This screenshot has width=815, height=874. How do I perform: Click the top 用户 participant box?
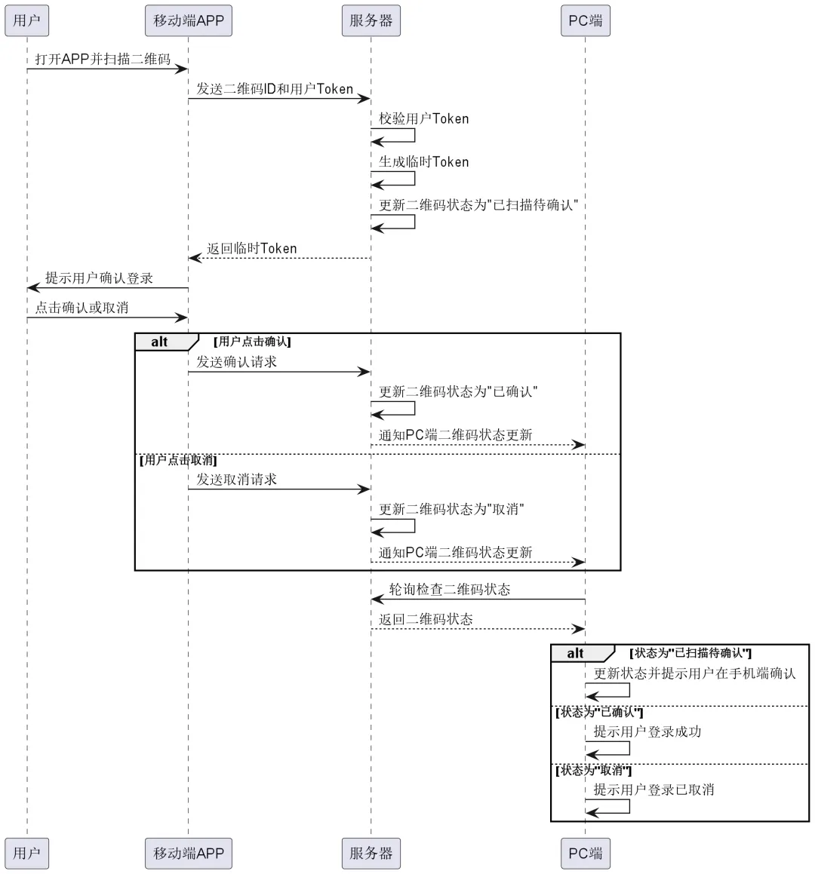tap(26, 20)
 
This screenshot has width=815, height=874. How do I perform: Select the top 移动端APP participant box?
tap(189, 20)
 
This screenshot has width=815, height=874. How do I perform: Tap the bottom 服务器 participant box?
tap(371, 853)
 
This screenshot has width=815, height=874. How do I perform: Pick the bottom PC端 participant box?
tap(585, 853)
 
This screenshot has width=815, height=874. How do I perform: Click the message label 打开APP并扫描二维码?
tap(103, 59)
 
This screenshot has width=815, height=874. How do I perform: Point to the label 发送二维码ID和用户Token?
tap(275, 89)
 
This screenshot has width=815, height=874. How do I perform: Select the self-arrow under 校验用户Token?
tap(400, 136)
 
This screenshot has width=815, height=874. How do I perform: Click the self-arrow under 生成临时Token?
tap(400, 179)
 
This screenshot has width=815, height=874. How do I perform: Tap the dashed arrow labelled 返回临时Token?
tap(279, 259)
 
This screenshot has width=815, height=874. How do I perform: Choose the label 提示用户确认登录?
tap(99, 278)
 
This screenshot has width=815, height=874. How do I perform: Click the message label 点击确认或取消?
tap(81, 308)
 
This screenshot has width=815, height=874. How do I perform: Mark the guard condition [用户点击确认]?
tap(252, 342)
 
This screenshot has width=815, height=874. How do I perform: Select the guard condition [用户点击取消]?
tap(178, 460)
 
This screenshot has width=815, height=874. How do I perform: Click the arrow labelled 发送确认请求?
tap(279, 372)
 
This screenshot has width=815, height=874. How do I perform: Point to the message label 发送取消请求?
tap(237, 480)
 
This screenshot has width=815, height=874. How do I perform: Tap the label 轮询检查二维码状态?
tap(450, 590)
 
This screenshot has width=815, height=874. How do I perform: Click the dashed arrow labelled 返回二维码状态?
tap(477, 629)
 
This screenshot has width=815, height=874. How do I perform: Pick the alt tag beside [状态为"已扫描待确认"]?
tap(576, 654)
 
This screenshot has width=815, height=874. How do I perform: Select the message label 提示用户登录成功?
tap(647, 731)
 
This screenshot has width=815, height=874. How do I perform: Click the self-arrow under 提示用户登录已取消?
tap(615, 806)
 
